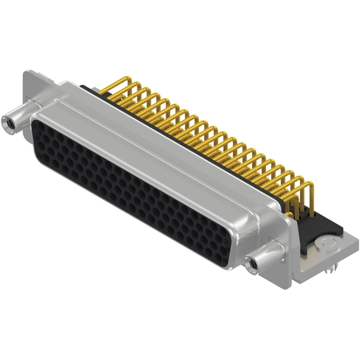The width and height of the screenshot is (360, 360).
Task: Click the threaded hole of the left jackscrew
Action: (x=10, y=118)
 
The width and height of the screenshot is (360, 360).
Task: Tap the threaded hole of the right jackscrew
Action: (x=254, y=265)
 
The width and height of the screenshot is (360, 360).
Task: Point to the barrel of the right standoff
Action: (x=263, y=261)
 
